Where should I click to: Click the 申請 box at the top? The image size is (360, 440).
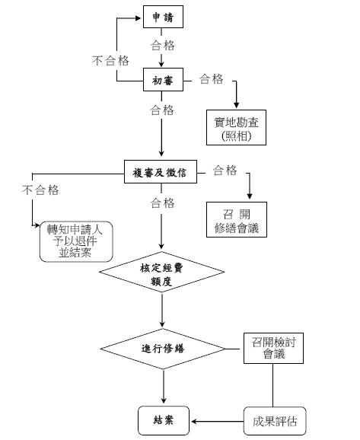[x=163, y=17]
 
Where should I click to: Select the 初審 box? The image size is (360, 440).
[x=163, y=79]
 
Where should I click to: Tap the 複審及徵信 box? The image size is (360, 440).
[x=161, y=172]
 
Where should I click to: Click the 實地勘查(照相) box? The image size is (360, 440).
[x=236, y=127]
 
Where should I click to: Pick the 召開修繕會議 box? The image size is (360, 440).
[x=237, y=219]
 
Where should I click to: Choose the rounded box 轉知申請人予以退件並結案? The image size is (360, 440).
[x=76, y=241]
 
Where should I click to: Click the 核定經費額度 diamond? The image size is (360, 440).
[x=161, y=272]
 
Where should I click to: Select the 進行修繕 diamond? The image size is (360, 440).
[x=163, y=349]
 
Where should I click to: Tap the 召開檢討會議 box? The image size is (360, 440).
[x=273, y=348]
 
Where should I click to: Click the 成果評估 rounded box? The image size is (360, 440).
[x=275, y=421]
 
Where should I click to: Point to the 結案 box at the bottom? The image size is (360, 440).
[x=164, y=420]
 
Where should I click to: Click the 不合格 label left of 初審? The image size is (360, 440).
[x=110, y=60]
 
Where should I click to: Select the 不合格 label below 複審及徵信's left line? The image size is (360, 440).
[x=40, y=190]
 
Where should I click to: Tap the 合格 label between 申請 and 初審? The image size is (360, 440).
[x=163, y=45]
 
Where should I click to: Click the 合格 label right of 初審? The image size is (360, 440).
[x=212, y=79]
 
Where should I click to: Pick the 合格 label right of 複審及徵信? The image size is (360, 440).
[x=225, y=171]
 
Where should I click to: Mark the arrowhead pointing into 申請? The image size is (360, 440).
[x=138, y=18]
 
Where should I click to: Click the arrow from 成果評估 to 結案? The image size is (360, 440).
[x=218, y=421]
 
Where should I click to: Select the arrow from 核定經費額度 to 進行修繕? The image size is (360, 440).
[x=162, y=310]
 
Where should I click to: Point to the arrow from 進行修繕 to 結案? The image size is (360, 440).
[x=164, y=387]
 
